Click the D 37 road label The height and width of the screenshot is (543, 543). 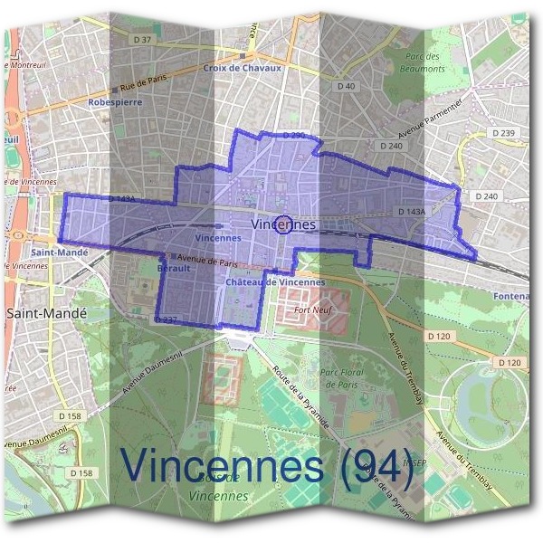point(143,39)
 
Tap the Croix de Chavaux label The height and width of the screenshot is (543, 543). point(243,68)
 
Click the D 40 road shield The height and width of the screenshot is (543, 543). point(346,86)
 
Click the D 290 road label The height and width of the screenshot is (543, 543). point(293,135)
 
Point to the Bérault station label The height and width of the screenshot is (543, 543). point(174,269)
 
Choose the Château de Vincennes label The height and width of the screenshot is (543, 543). point(275,282)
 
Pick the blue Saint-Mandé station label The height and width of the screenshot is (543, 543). point(59,252)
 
